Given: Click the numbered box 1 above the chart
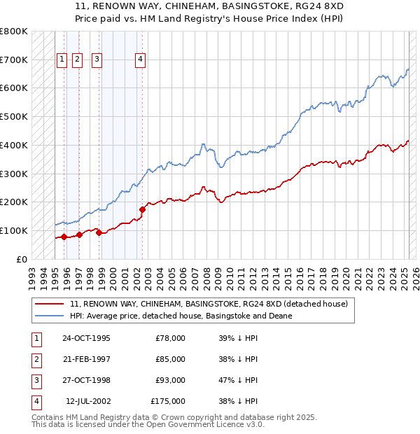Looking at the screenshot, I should [62, 59].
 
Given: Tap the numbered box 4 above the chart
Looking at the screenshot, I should [141, 59].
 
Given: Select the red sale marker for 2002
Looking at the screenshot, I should [142, 209].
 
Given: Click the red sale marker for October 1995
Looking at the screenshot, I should [64, 237].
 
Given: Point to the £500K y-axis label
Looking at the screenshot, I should [14, 116].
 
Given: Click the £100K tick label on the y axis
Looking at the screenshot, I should [14, 230].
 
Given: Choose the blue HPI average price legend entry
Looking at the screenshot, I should [181, 316].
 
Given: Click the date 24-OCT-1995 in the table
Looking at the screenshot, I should [87, 338].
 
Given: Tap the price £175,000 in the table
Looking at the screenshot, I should [168, 401].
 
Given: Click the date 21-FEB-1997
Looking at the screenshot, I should [86, 359].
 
